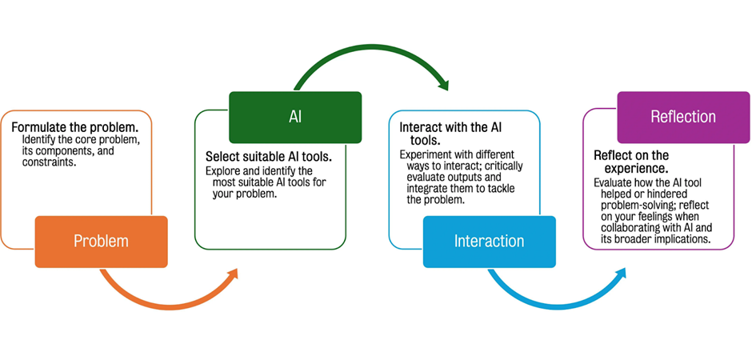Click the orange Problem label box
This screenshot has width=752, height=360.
pyautogui.click(x=101, y=242)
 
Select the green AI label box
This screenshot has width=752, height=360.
pyautogui.click(x=295, y=118)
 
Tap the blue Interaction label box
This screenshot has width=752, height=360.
pyautogui.click(x=489, y=242)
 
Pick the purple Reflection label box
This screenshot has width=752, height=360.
pyautogui.click(x=683, y=118)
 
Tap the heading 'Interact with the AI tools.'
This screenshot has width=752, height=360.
pyautogui.click(x=451, y=134)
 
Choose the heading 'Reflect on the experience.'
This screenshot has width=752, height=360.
pyautogui.click(x=631, y=162)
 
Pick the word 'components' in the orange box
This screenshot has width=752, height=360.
pyautogui.click(x=61, y=151)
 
